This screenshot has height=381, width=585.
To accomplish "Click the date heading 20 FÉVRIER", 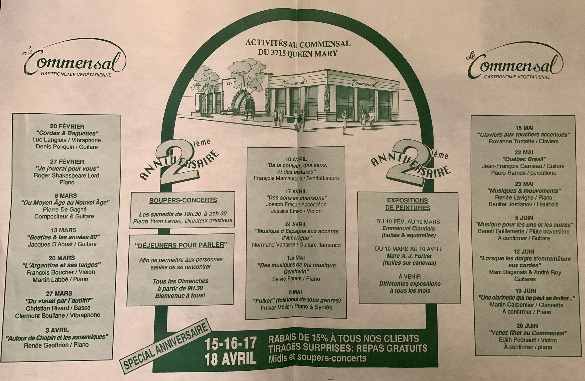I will (67, 126).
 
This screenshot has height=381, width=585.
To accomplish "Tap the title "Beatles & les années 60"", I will (63, 237).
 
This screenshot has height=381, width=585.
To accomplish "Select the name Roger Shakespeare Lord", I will (66, 176).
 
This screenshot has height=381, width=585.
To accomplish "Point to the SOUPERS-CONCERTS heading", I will (183, 200).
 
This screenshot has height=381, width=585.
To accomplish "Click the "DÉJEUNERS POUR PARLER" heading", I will (181, 245).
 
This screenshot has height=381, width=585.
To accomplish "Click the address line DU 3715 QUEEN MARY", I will (297, 53).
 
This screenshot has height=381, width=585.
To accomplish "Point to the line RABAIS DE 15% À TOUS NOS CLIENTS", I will (343, 339).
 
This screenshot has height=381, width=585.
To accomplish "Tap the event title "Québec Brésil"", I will (524, 159).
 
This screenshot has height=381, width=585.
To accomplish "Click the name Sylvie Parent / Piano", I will (296, 279).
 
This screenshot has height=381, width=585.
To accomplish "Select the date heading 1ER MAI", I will (296, 258).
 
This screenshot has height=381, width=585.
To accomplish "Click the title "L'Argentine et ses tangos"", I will (61, 265).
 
